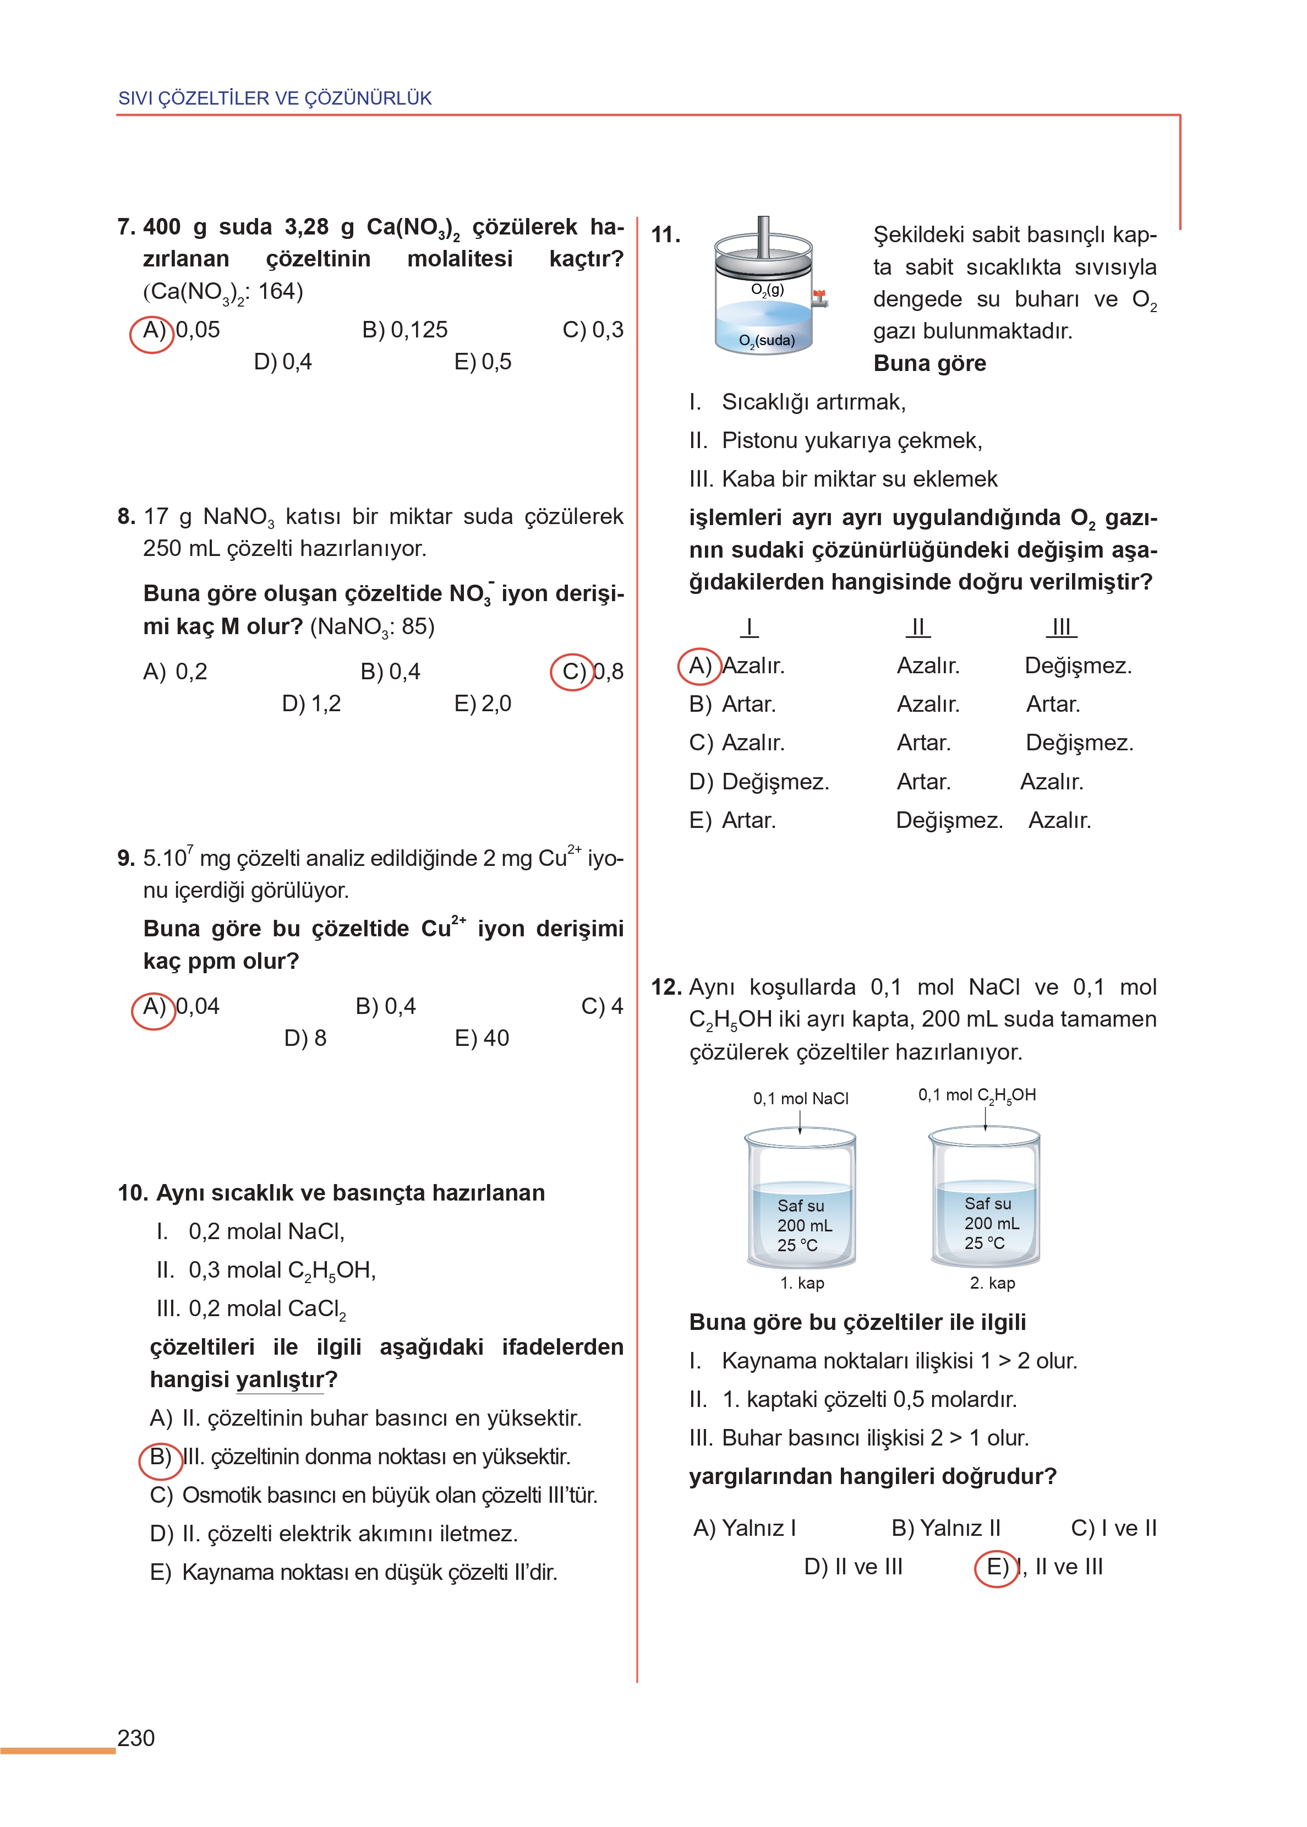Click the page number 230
point(136,1738)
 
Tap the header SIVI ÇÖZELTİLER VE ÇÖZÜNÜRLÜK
point(275,98)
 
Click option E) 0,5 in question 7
point(482,362)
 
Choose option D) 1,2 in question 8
point(311,703)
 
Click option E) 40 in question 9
point(482,1038)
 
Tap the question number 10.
point(132,1193)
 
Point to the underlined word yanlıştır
point(280,1379)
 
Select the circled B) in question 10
point(160,1457)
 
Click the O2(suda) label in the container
point(766,340)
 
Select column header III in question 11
point(1062,627)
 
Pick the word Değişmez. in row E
point(949,821)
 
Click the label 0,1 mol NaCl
point(800,1099)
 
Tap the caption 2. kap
point(992,1283)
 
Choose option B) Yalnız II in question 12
point(945,1528)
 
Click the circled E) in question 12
point(996,1567)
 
